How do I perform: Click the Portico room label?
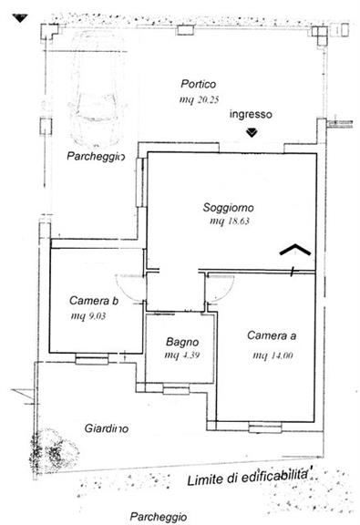[x=199, y=84]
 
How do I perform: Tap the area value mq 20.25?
[x=200, y=99]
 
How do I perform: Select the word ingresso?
[x=251, y=115]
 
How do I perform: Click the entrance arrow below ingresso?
[x=252, y=132]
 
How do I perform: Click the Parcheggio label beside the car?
[x=96, y=156]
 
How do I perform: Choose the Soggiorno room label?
[x=229, y=208]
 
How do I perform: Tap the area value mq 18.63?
[x=230, y=221]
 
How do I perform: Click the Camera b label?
[x=94, y=301]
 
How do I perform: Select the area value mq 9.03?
[x=88, y=316]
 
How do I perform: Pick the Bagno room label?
[x=182, y=342]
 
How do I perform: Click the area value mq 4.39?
[x=182, y=355]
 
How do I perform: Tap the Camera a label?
[x=272, y=335]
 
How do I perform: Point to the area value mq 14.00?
[x=273, y=355]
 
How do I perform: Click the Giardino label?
[x=106, y=428]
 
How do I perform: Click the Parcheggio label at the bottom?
[x=159, y=516]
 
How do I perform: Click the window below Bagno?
[x=176, y=390]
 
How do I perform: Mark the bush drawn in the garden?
[x=54, y=449]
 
